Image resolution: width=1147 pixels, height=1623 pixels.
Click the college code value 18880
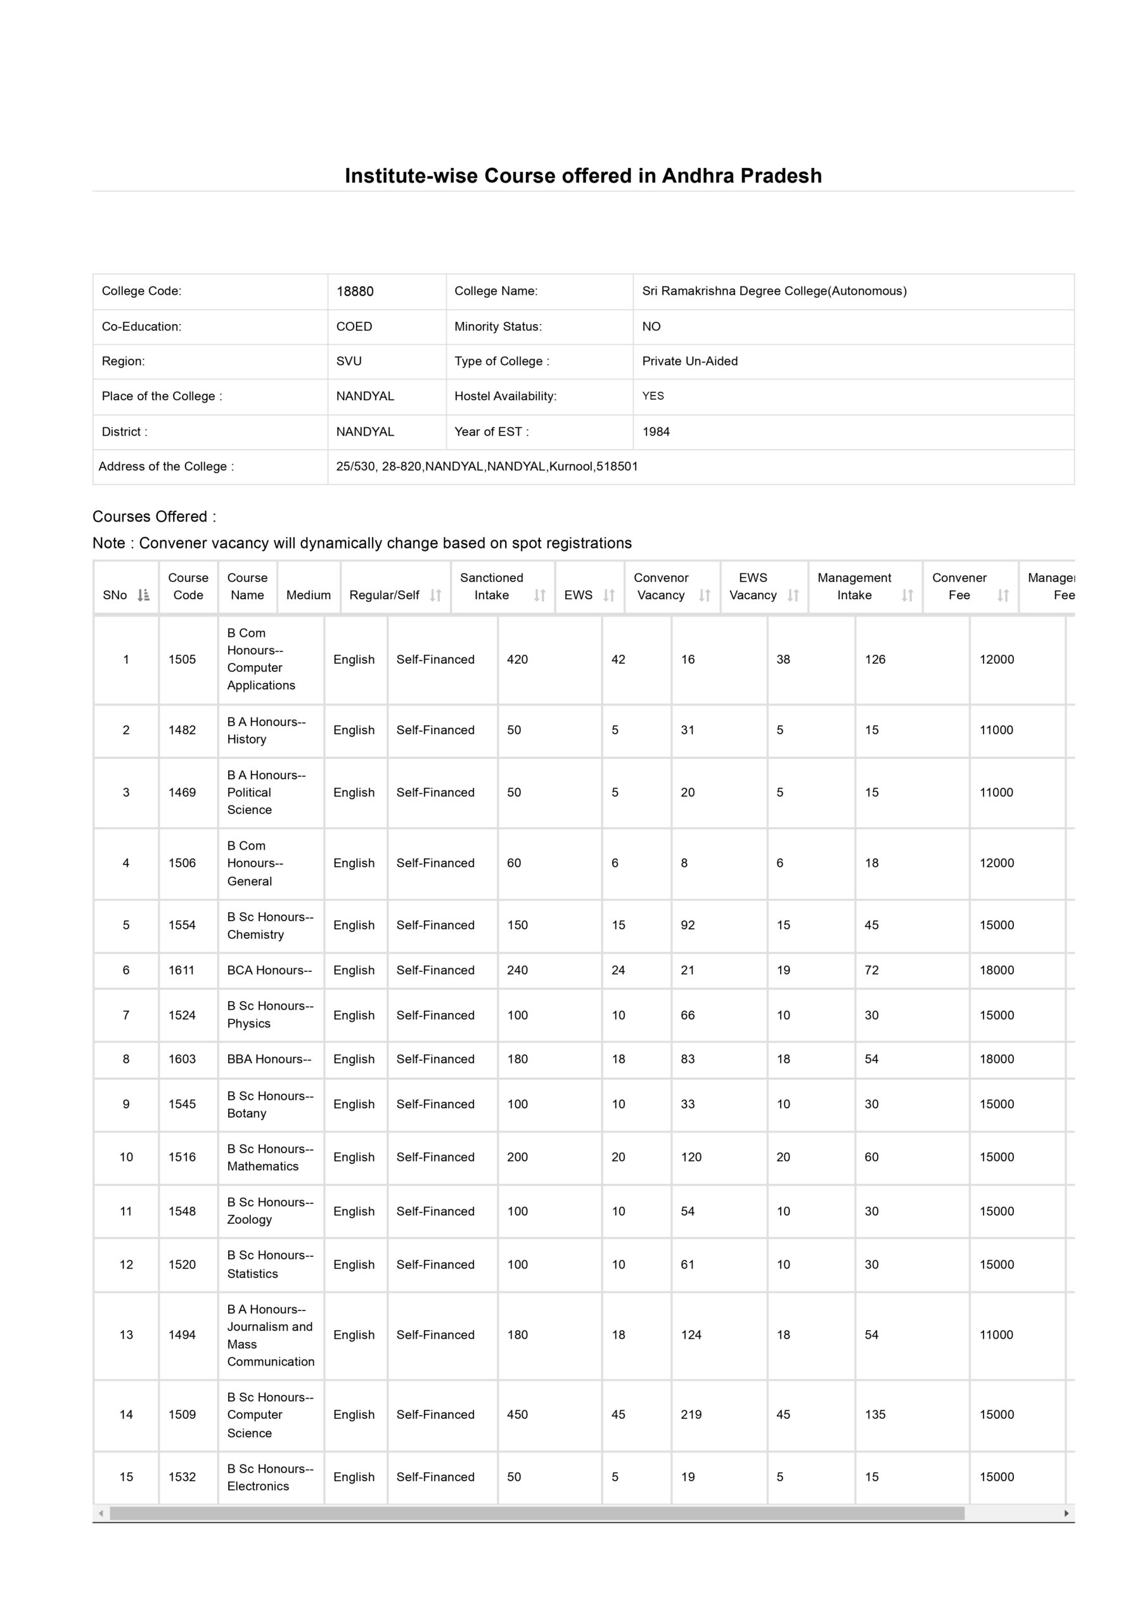coord(355,291)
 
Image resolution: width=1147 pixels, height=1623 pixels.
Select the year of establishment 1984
coord(656,432)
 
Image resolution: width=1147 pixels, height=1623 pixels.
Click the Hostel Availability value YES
coord(653,396)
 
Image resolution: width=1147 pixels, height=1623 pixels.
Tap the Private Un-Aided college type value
coord(689,361)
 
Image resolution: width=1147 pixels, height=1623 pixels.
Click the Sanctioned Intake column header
coord(491,586)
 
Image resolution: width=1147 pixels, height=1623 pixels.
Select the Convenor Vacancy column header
coord(661,586)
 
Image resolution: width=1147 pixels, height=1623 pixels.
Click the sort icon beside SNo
coord(143,595)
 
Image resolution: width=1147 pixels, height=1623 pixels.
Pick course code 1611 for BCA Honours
coord(182,970)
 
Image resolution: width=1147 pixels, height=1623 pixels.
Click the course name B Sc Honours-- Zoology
coord(270,1210)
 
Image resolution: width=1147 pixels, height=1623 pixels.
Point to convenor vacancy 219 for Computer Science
coord(691,1414)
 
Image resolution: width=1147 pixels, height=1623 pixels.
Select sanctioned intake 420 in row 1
coord(517,659)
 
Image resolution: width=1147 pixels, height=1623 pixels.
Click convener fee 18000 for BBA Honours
coord(996,1059)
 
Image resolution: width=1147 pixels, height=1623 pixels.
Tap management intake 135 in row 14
coord(875,1414)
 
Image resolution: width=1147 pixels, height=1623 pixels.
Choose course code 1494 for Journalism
coord(182,1335)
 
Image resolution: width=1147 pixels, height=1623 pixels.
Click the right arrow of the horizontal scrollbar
coord(1067,1513)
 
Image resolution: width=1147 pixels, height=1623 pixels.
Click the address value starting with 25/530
coord(487,467)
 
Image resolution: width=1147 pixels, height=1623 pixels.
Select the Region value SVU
coord(349,361)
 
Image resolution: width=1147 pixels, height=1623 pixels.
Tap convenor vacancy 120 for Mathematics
coord(691,1156)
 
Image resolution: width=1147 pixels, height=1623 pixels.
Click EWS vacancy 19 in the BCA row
coord(783,970)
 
